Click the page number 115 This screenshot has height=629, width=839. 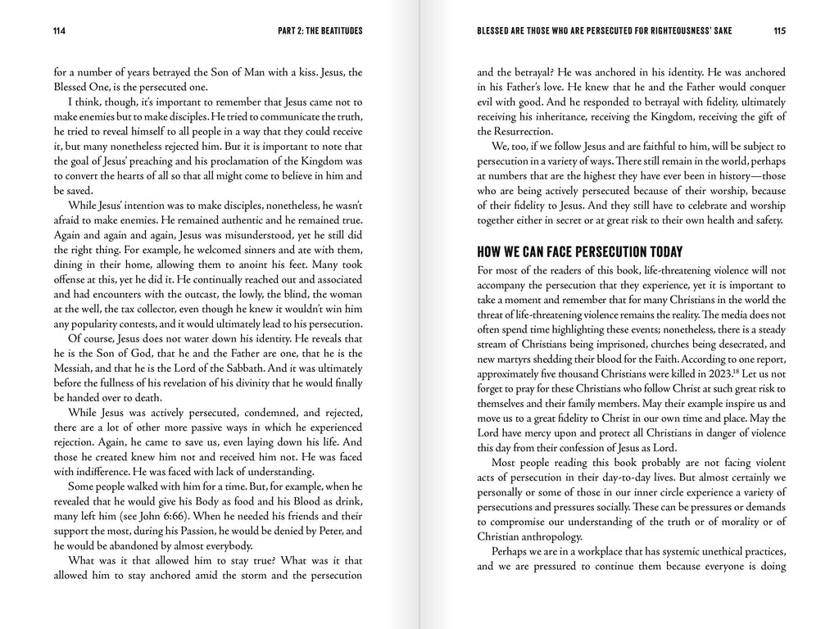pos(779,31)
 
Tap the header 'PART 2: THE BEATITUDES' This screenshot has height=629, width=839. pos(320,31)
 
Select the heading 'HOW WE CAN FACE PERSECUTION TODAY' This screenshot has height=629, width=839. pos(579,251)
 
